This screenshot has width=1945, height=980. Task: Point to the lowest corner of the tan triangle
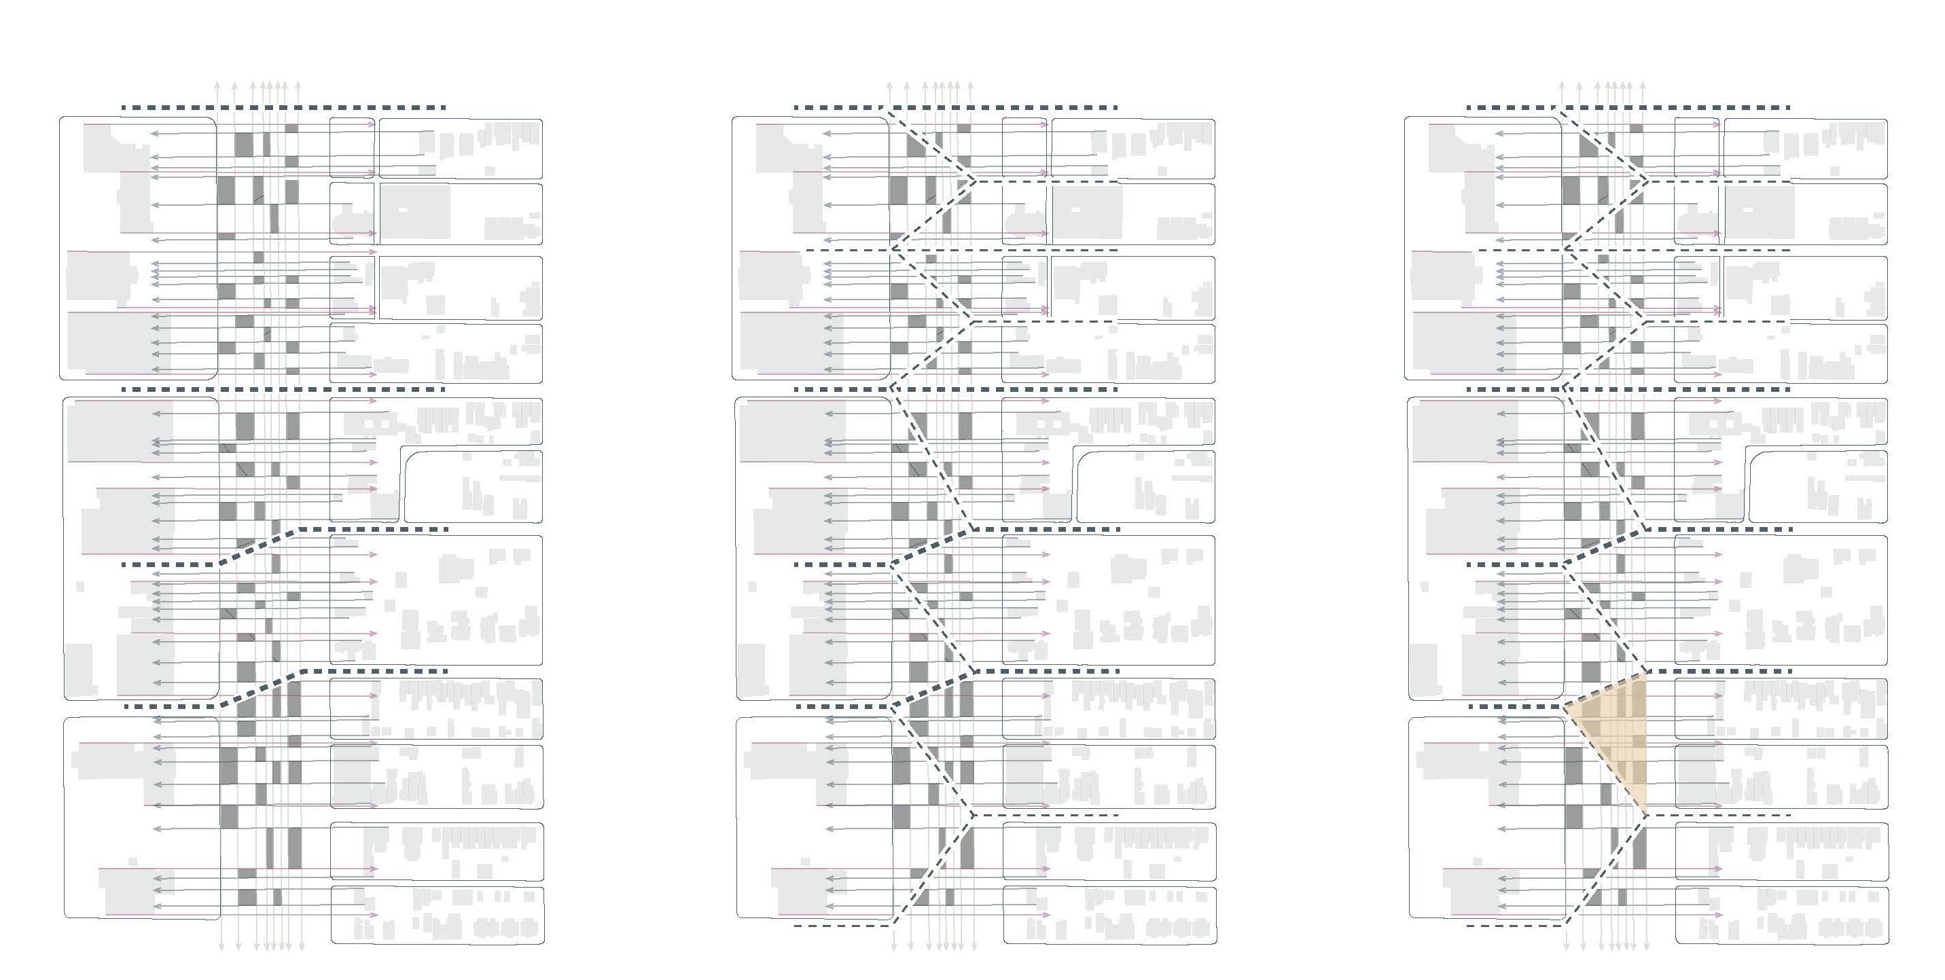pyautogui.click(x=1646, y=816)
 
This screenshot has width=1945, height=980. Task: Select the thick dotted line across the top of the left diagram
pyautogui.click(x=283, y=108)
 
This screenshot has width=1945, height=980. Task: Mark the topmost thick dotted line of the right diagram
pyautogui.click(x=1627, y=108)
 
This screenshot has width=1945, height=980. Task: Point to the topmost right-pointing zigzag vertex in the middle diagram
pyautogui.click(x=974, y=181)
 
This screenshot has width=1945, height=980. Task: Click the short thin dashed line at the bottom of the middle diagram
pyautogui.click(x=842, y=925)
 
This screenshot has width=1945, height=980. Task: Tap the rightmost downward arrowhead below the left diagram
pyautogui.click(x=301, y=948)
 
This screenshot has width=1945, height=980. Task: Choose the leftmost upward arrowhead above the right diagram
pyautogui.click(x=1563, y=85)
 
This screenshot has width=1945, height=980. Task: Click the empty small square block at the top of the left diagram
pyautogui.click(x=352, y=148)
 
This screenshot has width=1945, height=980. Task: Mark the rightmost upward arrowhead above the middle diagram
pyautogui.click(x=970, y=85)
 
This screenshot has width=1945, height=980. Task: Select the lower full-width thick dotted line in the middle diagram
pyautogui.click(x=955, y=389)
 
